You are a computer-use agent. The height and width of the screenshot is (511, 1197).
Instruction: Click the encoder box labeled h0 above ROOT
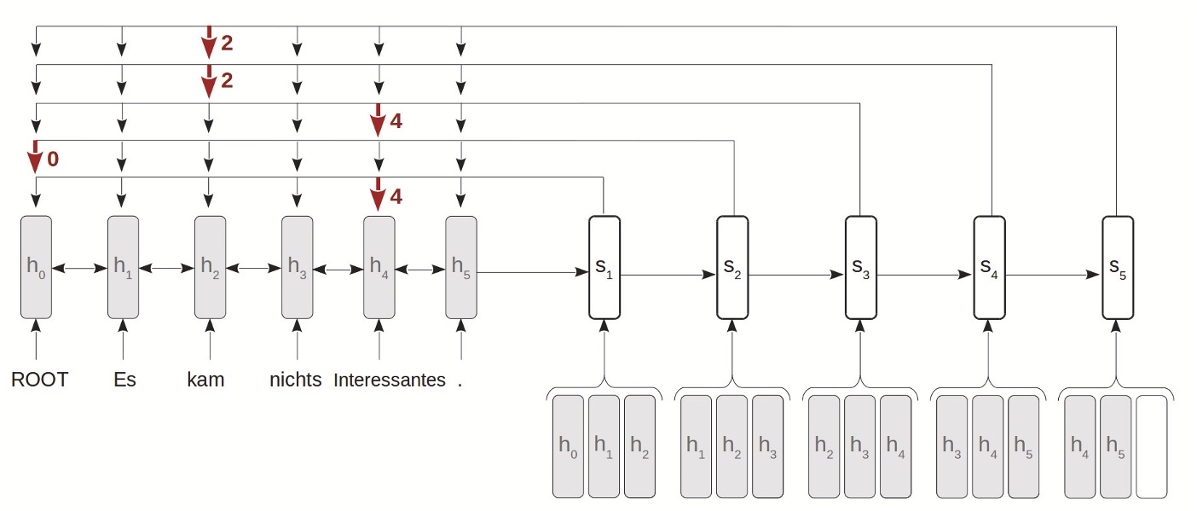click(x=36, y=267)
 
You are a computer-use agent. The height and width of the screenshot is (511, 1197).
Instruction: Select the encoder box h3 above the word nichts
click(x=298, y=267)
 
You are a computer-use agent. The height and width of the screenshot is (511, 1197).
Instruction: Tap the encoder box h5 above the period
click(x=461, y=267)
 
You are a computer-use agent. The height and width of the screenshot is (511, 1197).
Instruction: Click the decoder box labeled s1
click(x=604, y=268)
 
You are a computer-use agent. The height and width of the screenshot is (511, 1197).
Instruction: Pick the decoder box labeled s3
click(x=860, y=268)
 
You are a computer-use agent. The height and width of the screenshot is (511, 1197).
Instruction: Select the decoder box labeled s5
click(x=1118, y=268)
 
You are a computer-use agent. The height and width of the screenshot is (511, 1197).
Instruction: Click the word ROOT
click(x=39, y=380)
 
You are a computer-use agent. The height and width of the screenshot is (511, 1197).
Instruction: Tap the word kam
click(x=205, y=380)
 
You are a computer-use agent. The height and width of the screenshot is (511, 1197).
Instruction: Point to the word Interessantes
click(x=390, y=380)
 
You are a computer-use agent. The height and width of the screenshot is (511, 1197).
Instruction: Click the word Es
click(x=124, y=380)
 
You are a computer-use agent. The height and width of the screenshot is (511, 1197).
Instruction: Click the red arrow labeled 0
click(x=36, y=158)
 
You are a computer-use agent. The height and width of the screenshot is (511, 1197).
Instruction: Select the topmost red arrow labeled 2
click(x=209, y=43)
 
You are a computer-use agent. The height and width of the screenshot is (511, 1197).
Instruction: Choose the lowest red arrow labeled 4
click(x=379, y=195)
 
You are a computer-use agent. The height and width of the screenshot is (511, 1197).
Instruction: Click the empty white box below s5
click(x=1151, y=446)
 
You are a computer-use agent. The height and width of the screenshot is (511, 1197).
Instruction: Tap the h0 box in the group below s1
click(x=569, y=446)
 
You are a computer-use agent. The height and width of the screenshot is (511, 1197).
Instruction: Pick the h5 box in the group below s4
click(x=1023, y=446)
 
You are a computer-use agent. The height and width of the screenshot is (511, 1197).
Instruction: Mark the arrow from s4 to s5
click(x=1054, y=276)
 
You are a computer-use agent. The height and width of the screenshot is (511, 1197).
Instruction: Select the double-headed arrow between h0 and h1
click(x=79, y=269)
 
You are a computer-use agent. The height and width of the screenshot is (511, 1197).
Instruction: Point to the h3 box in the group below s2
click(x=767, y=446)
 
